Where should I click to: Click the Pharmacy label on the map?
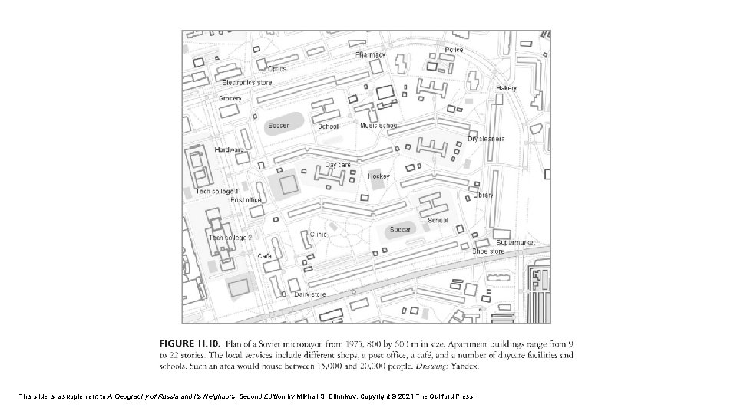(x=371, y=55)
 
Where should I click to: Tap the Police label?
(x=454, y=50)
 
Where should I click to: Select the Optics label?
(x=276, y=68)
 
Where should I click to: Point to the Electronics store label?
(x=247, y=82)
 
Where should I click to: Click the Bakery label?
(x=506, y=88)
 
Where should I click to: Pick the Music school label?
(x=379, y=125)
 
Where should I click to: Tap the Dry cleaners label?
(x=487, y=139)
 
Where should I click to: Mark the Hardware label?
(x=230, y=149)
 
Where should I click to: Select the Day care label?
(x=338, y=165)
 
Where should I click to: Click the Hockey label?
(x=378, y=176)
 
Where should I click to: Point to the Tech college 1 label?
(x=217, y=191)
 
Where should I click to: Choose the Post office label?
(x=246, y=200)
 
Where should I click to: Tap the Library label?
(x=483, y=195)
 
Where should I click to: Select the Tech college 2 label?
(x=230, y=238)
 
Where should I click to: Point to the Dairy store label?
(x=310, y=294)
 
